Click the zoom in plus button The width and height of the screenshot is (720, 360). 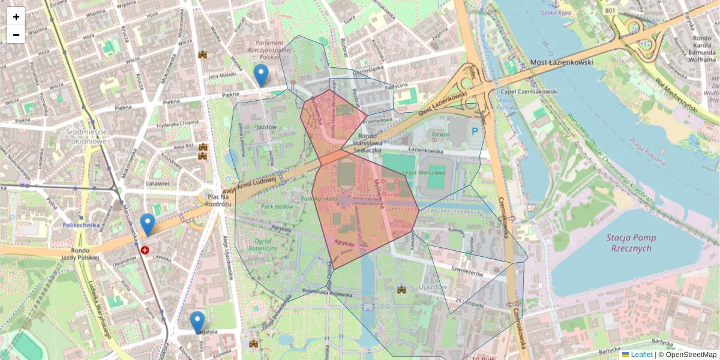tap(16, 17)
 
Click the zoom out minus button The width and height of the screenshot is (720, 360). tap(16, 35)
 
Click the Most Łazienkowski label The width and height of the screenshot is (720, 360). tap(562, 62)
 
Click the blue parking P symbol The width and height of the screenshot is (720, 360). tap(475, 130)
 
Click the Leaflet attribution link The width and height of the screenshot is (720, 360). tap(641, 355)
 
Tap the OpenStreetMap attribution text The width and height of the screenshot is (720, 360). tap(687, 355)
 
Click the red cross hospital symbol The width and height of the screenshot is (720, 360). tap(145, 250)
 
